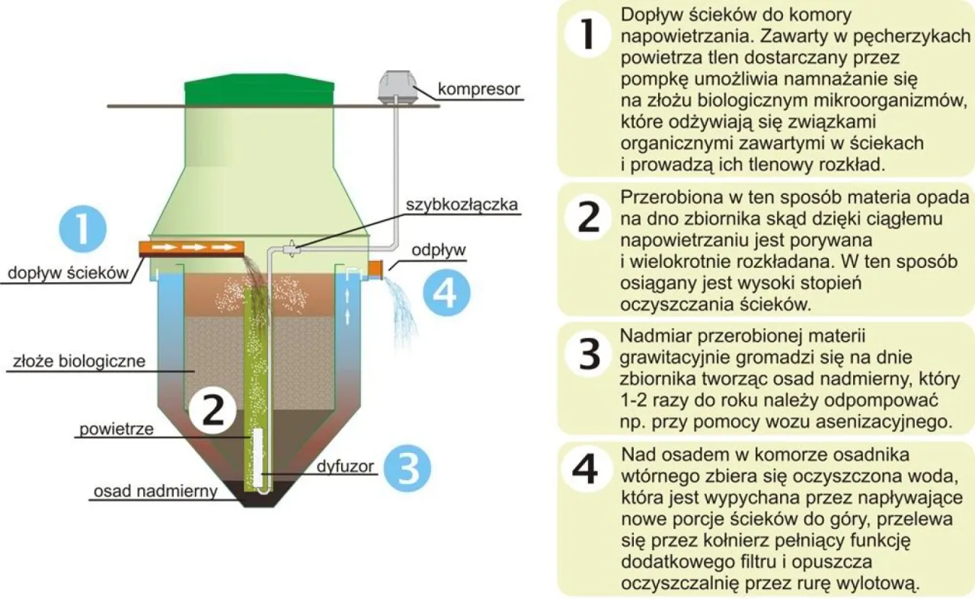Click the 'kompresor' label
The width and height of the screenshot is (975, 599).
coord(478,90)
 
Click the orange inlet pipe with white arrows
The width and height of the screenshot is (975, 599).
coord(191,247)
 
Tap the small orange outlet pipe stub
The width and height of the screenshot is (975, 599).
coord(374,267)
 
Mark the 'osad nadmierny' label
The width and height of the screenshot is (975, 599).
coord(155,492)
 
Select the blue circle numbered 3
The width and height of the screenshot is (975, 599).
coord(408,467)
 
